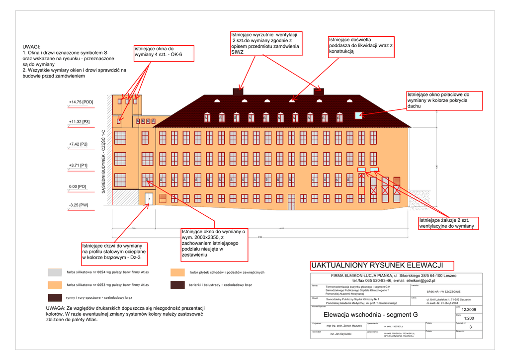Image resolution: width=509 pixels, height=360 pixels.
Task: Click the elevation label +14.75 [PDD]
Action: [81, 102]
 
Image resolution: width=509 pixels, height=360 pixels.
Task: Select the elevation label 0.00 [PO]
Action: [78, 186]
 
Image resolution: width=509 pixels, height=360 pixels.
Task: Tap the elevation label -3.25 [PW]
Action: [79, 205]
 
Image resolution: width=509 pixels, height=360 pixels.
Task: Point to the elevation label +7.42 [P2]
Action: [78, 144]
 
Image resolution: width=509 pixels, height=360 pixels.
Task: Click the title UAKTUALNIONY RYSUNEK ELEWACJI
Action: [377, 265]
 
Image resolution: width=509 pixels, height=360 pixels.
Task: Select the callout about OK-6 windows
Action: [163, 51]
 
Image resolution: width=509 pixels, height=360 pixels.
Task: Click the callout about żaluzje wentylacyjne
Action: [446, 223]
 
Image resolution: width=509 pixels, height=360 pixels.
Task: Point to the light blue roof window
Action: [358, 116]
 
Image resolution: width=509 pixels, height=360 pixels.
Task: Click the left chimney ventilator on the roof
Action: [239, 91]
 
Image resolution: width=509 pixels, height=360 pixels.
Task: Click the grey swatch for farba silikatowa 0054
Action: [55, 272]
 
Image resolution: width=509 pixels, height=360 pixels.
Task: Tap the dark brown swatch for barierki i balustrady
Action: [177, 285]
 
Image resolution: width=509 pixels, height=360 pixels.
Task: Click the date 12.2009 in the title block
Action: [469, 309]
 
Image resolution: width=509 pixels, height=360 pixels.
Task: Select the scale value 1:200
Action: [469, 318]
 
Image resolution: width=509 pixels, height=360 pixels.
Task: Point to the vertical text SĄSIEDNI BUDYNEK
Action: [103, 161]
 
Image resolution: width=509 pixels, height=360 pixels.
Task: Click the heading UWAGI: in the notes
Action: [32, 46]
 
